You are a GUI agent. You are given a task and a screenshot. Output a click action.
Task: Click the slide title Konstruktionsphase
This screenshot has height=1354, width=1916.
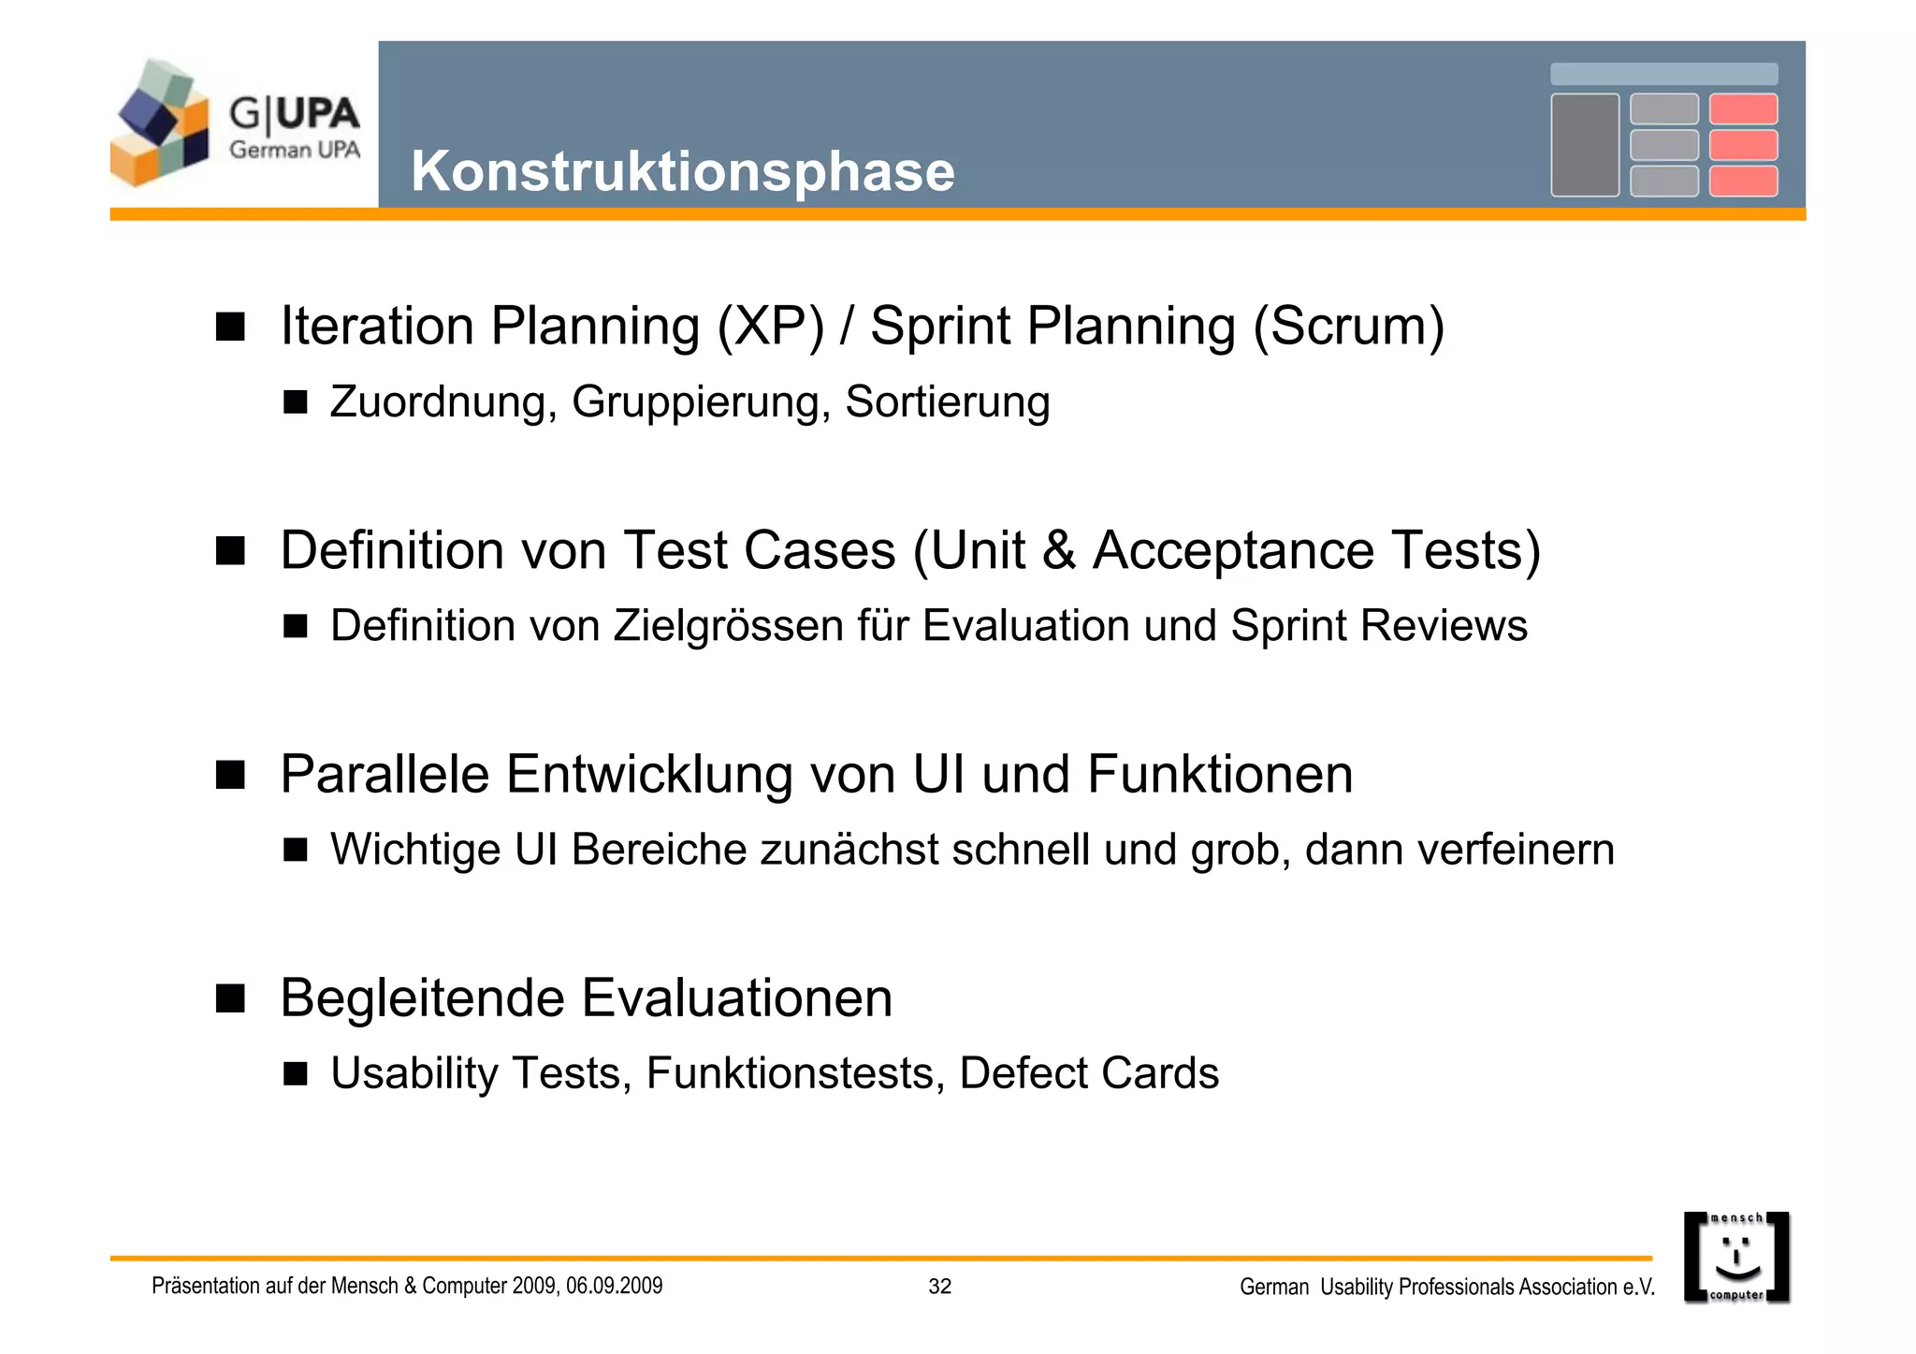click(683, 172)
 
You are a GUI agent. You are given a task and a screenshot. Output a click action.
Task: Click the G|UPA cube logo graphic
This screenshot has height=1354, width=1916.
click(160, 124)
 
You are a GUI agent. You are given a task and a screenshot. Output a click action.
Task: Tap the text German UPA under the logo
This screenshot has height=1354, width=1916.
click(295, 150)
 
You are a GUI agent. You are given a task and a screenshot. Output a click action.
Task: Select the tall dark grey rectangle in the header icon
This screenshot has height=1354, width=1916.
click(1584, 145)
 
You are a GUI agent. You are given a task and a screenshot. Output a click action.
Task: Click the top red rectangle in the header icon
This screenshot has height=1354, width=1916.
click(1743, 109)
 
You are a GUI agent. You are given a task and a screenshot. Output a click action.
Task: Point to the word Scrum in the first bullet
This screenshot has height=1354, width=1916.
click(1348, 327)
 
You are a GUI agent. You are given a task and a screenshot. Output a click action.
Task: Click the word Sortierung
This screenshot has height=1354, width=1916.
click(947, 402)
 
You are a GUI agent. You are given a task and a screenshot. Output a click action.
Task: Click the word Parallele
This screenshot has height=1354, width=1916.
click(385, 775)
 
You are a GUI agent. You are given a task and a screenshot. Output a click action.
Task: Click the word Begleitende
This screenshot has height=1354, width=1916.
click(421, 998)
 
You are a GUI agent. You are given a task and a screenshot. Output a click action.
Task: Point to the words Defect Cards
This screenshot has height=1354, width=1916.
click(1089, 1073)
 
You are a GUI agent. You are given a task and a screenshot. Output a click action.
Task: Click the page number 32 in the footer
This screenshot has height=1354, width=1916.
click(939, 1287)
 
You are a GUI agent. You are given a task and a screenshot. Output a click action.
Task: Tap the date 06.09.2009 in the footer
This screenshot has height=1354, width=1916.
click(614, 1287)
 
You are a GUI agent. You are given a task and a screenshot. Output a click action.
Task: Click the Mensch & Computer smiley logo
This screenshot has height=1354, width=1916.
click(1736, 1257)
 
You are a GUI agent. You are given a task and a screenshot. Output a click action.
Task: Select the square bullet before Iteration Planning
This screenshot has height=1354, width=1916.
click(230, 328)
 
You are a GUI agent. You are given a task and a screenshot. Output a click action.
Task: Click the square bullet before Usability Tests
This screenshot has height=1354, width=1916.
click(296, 1074)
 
